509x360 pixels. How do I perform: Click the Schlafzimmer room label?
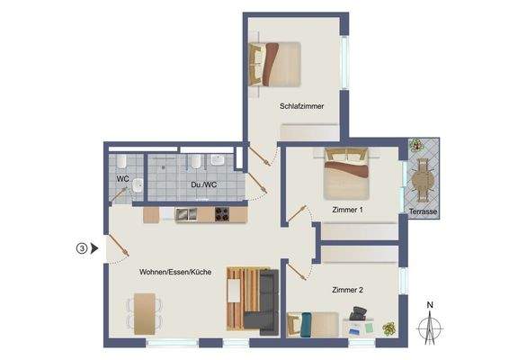tap(302, 106)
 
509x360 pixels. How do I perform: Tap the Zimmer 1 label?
tap(347, 210)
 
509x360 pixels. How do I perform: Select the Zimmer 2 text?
tap(347, 290)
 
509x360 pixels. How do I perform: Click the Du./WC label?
tap(203, 184)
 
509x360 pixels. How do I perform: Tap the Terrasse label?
tap(423, 212)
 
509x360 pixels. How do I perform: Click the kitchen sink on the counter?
tap(186, 214)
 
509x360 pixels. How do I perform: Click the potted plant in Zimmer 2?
tap(388, 328)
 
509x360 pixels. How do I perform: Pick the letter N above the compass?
tap(430, 305)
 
